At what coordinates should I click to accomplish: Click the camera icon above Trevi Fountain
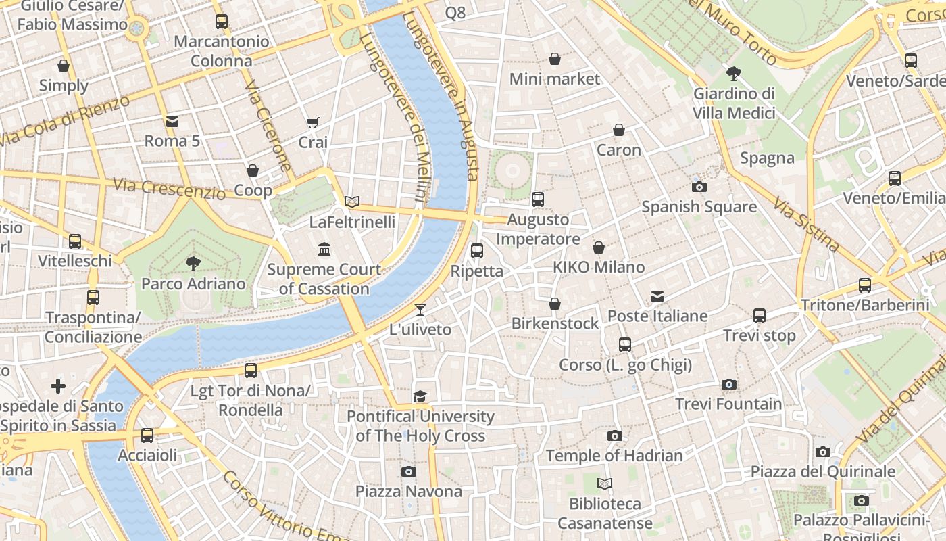[728, 384]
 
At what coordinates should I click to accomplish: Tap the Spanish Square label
[699, 207]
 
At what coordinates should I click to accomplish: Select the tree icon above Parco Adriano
[193, 263]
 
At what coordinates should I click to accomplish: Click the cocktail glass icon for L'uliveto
[420, 310]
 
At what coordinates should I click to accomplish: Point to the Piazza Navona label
[407, 491]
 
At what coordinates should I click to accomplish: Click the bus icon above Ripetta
[477, 251]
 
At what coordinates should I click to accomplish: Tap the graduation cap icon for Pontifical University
[420, 396]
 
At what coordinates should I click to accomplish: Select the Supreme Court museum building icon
[324, 250]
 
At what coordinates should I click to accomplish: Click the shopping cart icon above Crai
[313, 122]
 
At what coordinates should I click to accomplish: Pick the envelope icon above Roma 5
[172, 122]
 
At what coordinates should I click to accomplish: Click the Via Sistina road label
[805, 224]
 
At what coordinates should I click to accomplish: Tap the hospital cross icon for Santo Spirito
[58, 386]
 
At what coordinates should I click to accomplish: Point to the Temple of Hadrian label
[614, 456]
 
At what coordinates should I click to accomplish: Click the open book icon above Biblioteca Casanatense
[605, 484]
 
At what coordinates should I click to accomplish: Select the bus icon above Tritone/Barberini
[865, 285]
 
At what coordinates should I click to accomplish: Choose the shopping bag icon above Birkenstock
[555, 304]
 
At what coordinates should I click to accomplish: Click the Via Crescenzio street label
[169, 189]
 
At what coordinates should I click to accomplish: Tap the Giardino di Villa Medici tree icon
[734, 74]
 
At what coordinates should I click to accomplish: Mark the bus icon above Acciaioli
[147, 436]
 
